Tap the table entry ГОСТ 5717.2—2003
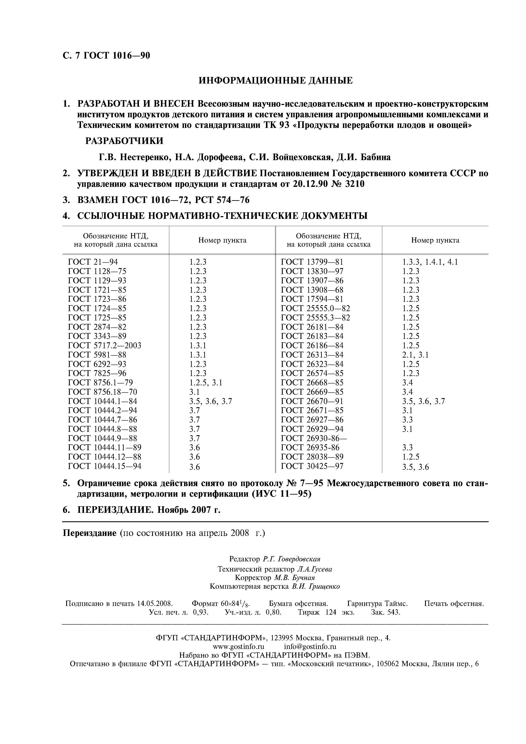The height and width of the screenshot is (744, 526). [x=105, y=345]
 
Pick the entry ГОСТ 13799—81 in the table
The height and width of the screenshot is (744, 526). [x=312, y=262]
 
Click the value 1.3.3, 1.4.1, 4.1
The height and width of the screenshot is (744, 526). [x=430, y=262]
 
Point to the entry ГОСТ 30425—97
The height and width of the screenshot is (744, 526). [x=312, y=466]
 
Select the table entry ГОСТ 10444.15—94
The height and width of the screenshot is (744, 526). [x=105, y=466]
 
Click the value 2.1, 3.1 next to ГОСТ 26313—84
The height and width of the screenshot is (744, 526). [x=415, y=355]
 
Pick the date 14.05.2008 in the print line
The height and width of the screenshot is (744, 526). [x=155, y=603]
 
